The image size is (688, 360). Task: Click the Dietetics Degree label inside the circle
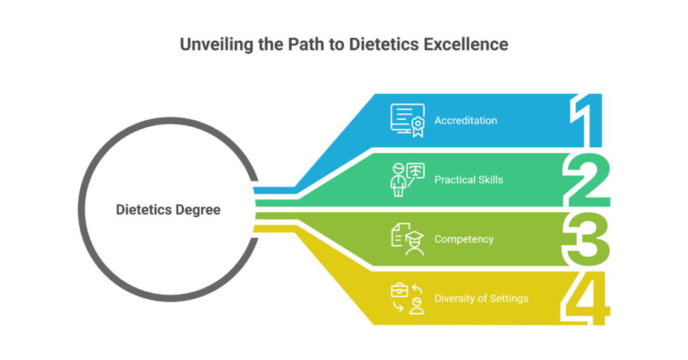(168, 210)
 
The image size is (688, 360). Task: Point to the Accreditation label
(466, 120)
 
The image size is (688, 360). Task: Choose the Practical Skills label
(469, 180)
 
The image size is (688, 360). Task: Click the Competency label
(464, 240)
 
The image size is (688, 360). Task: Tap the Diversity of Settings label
(482, 299)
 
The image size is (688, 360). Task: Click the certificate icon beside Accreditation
(408, 120)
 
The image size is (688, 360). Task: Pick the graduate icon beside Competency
(408, 240)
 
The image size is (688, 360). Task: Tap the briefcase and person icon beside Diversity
(408, 299)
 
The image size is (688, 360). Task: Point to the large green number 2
(587, 180)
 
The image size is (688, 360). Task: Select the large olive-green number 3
(586, 240)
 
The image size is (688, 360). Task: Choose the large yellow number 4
(586, 299)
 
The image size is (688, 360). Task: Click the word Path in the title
(303, 45)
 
